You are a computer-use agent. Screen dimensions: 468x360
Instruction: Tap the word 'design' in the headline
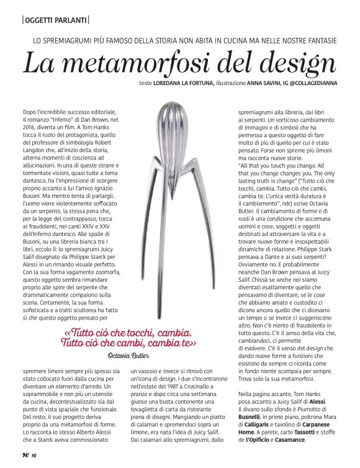[x=289, y=65]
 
